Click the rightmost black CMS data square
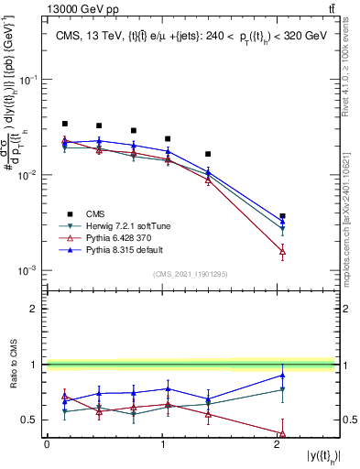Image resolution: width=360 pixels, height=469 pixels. coord(282,216)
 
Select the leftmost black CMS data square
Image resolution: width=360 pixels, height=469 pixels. coord(65,124)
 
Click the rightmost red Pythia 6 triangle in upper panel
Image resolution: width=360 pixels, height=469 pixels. coord(282,250)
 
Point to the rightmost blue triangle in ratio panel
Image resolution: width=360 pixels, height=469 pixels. coord(282,375)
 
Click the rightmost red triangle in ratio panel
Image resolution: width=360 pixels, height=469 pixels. coord(282,433)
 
